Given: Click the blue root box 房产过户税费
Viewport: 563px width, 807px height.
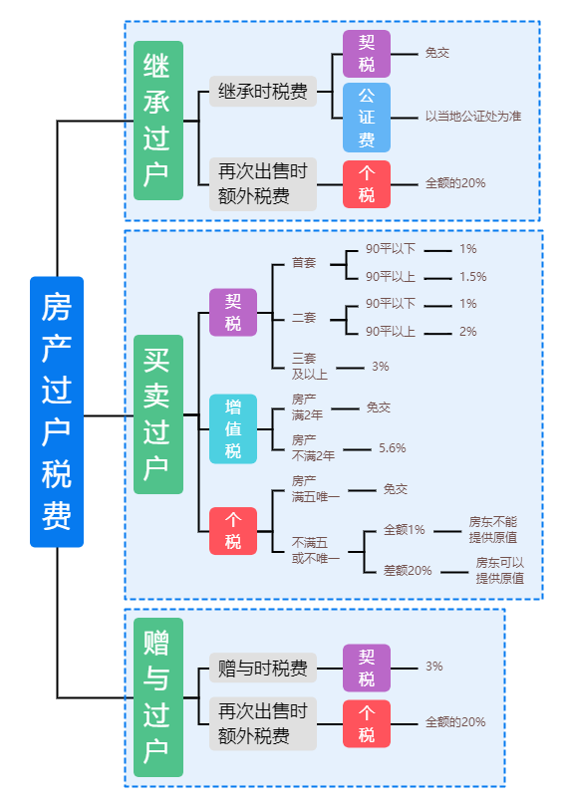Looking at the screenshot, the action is point(57,411).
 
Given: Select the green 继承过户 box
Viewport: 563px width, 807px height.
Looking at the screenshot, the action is point(158,121).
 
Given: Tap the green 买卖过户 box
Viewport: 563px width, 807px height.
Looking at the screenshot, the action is point(158,414).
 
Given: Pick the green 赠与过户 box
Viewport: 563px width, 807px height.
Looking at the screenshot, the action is point(158,696).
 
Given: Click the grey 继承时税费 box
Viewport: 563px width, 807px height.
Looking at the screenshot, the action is point(262,92).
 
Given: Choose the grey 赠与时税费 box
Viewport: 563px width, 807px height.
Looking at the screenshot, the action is point(262,669).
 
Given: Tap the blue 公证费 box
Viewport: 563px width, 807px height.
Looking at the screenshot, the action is point(367,118).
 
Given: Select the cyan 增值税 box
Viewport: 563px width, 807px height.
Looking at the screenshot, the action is point(232,428).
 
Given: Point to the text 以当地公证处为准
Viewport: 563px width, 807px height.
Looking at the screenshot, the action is point(473,117).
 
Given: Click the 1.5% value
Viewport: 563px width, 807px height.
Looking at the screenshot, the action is point(472,277).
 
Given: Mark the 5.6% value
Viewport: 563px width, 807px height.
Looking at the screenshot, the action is point(393,448).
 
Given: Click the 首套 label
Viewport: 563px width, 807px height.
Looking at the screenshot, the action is point(304,263).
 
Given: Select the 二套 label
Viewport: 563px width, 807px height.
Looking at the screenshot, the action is point(304,318).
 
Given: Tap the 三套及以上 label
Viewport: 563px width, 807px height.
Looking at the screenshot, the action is point(309,366).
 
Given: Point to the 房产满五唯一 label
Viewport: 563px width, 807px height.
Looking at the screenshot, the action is point(316,489).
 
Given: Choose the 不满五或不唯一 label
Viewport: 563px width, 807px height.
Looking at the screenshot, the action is point(316,550).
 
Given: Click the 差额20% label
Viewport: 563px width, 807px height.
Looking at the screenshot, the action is point(408,570).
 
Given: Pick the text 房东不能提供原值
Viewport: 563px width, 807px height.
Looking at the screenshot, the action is point(492,530).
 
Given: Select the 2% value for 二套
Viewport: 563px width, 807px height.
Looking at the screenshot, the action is point(467,332).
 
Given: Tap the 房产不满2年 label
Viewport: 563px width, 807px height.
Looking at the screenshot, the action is point(313,447).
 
